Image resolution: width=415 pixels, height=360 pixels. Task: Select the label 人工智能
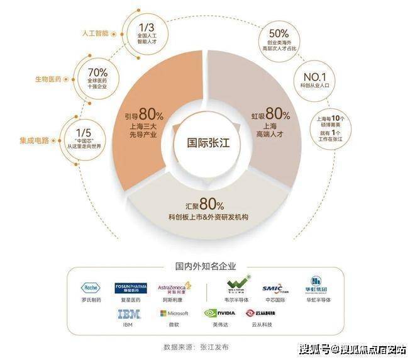(x=96, y=30)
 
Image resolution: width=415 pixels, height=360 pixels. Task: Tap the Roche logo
(x=91, y=288)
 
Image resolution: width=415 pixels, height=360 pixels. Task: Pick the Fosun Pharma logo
(x=131, y=288)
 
